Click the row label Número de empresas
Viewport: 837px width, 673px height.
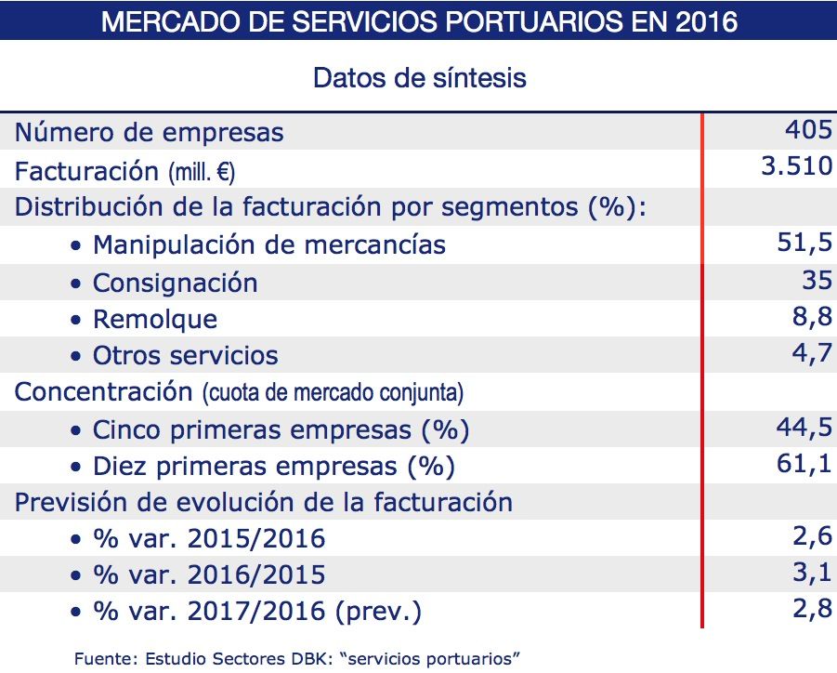tap(149, 133)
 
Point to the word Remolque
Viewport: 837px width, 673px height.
tap(155, 320)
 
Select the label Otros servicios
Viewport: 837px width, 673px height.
tap(185, 356)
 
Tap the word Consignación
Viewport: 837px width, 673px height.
tap(175, 283)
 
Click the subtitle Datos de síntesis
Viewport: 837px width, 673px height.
tap(419, 77)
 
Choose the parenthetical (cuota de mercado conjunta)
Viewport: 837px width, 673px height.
tap(333, 393)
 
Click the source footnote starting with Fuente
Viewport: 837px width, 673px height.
tap(297, 658)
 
